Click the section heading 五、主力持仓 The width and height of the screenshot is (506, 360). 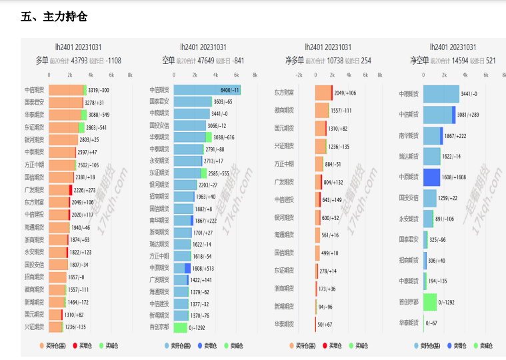point(54,16)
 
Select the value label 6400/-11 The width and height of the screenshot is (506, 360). point(230,90)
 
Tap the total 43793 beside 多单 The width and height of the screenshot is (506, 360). point(79,60)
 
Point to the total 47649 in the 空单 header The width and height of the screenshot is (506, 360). point(205,60)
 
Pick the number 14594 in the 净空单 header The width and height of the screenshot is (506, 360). point(461,60)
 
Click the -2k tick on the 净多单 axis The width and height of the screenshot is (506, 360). point(299,75)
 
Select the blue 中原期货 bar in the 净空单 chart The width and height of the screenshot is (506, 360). point(432,177)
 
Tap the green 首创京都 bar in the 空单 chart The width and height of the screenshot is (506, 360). point(180,327)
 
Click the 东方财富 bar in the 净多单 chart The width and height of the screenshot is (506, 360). point(323,93)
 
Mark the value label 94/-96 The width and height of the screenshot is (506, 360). point(325,307)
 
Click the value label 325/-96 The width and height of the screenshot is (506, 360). point(438,239)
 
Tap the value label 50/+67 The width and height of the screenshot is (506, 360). point(325,324)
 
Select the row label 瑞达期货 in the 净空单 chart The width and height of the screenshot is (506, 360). point(409,157)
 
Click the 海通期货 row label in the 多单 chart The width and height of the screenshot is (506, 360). point(34,227)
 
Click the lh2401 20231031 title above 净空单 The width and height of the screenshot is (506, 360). point(453,47)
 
